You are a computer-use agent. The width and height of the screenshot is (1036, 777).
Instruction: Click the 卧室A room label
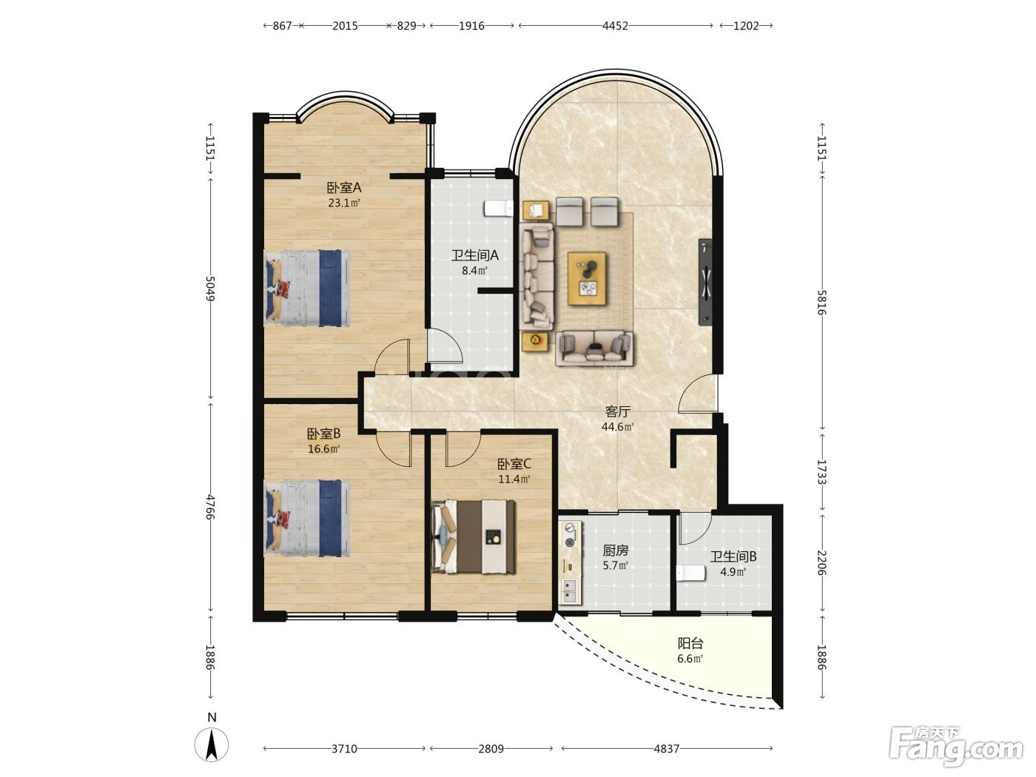(343, 188)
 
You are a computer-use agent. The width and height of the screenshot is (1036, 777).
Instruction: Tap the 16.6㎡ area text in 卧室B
(323, 448)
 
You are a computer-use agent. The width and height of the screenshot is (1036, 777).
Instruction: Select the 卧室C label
(514, 464)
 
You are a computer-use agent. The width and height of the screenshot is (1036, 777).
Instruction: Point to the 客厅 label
(617, 412)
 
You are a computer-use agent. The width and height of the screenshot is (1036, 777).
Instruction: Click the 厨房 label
(616, 550)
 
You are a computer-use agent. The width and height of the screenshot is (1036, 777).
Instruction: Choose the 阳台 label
(690, 643)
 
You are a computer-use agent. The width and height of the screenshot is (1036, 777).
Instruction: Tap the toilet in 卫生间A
(497, 208)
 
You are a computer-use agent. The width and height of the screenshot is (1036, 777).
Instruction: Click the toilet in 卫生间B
(690, 573)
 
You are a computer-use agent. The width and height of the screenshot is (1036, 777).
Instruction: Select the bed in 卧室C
(474, 537)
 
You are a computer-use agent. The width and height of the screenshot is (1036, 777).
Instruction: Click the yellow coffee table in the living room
(587, 278)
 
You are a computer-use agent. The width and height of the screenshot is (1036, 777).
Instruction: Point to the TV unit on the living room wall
(705, 282)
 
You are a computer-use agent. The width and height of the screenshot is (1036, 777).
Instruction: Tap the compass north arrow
(212, 745)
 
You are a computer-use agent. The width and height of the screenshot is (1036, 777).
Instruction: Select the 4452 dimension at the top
(615, 26)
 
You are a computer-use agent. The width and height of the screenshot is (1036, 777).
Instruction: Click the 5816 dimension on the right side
(821, 303)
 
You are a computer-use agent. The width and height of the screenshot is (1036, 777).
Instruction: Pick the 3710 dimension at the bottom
(344, 749)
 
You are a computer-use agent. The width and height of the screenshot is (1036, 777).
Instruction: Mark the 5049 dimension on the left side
(210, 289)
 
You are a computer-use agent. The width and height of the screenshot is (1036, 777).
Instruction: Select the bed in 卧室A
(307, 287)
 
